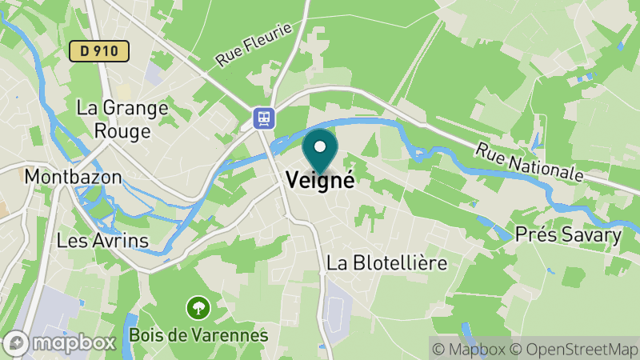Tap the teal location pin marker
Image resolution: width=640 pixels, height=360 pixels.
pyautogui.click(x=320, y=151)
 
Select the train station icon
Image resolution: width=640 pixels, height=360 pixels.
pyautogui.click(x=262, y=118)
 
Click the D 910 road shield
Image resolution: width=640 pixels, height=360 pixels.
pyautogui.click(x=99, y=51)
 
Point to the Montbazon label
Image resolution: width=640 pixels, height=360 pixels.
pyautogui.click(x=73, y=175)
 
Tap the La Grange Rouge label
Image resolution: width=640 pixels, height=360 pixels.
pyautogui.click(x=122, y=118)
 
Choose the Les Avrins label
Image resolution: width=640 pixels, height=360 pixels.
pyautogui.click(x=102, y=239)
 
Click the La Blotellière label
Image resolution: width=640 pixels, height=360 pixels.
pyautogui.click(x=386, y=262)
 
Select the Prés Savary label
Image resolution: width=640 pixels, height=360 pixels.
pyautogui.click(x=569, y=235)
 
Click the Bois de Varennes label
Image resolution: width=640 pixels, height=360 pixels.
pyautogui.click(x=198, y=334)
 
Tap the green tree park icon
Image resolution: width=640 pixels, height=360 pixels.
pyautogui.click(x=198, y=306)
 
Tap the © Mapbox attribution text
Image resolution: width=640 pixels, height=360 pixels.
pyautogui.click(x=472, y=350)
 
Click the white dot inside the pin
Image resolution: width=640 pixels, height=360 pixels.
pyautogui.click(x=320, y=146)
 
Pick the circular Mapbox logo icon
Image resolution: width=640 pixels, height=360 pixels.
pyautogui.click(x=16, y=342)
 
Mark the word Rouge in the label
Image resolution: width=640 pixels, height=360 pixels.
pyautogui.click(x=122, y=130)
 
